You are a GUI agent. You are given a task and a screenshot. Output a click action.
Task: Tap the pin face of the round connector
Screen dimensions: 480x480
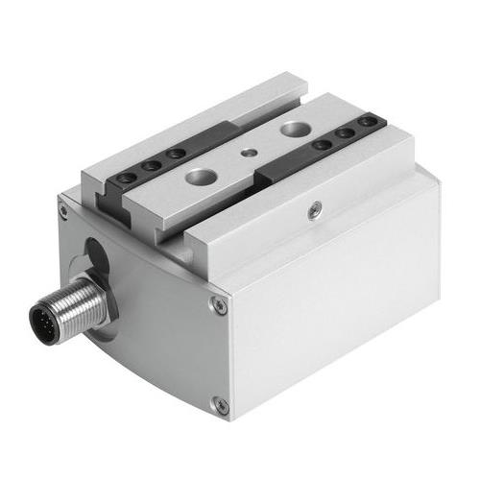click(x=44, y=317)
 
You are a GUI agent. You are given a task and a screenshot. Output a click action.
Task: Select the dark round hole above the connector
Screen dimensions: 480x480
click(x=96, y=254)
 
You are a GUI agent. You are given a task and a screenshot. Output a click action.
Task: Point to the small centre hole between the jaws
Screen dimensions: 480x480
click(x=249, y=151)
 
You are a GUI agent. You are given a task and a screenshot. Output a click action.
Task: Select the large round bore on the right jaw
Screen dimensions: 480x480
click(x=294, y=127)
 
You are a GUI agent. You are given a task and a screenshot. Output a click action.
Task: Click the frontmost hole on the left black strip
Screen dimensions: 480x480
click(x=124, y=179)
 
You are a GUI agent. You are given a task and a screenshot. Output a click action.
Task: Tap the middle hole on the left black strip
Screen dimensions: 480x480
click(x=150, y=166)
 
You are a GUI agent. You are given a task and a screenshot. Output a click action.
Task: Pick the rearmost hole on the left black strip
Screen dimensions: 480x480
click(x=175, y=154)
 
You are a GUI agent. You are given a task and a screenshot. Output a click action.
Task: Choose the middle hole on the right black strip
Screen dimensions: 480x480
click(x=344, y=133)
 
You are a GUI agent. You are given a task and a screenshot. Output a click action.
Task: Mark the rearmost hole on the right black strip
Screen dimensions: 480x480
click(x=365, y=123)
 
